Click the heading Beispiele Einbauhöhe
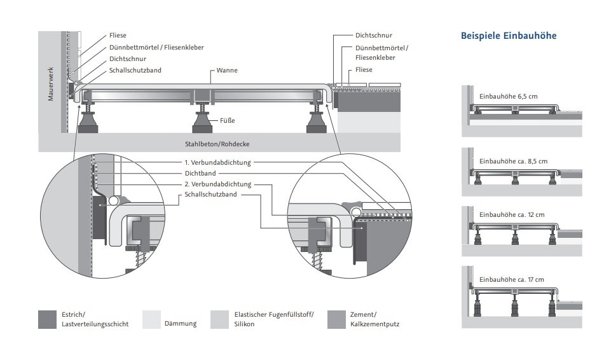tap(508, 36)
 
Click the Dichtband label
tap(201, 172)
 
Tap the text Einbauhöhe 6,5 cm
tap(508, 97)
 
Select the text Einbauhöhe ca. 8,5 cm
tap(512, 162)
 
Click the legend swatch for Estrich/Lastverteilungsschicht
tap(48, 319)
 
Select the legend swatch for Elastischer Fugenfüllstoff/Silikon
tap(219, 319)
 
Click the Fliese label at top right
tap(364, 69)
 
